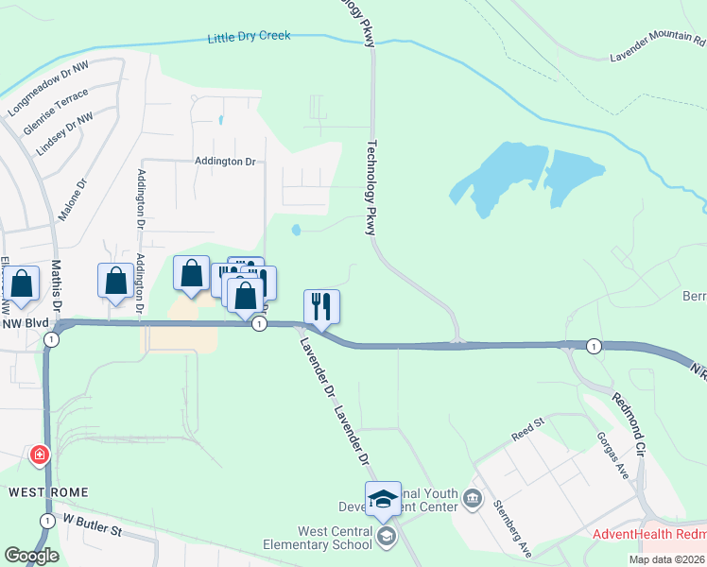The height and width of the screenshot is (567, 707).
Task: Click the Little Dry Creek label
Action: [x=249, y=37]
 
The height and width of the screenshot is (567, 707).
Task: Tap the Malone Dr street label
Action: [x=72, y=199]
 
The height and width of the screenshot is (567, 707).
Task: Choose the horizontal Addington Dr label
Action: [x=225, y=162]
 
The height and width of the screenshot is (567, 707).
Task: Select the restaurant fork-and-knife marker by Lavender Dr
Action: [x=321, y=306]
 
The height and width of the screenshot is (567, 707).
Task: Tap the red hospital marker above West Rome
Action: [x=40, y=455]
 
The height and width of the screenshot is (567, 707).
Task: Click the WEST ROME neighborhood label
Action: [x=48, y=492]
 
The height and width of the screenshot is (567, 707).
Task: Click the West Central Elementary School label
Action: [x=321, y=538]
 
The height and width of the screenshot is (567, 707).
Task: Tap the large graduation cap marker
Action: [x=383, y=499]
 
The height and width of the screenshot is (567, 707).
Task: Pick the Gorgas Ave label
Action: [x=612, y=455]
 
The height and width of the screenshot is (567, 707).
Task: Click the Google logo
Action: [x=31, y=556]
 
